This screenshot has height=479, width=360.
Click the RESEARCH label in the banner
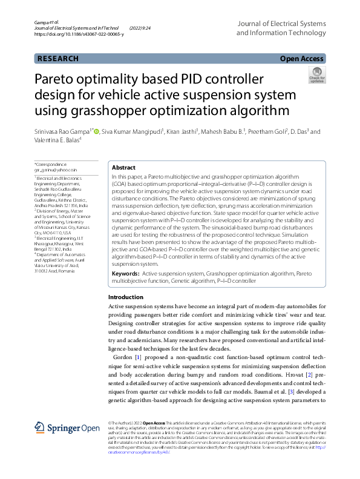pos(58,59)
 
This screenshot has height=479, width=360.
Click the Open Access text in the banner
pos(301,59)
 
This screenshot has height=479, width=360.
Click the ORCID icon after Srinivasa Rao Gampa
pos(96,131)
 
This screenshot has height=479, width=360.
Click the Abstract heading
pos(124,168)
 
